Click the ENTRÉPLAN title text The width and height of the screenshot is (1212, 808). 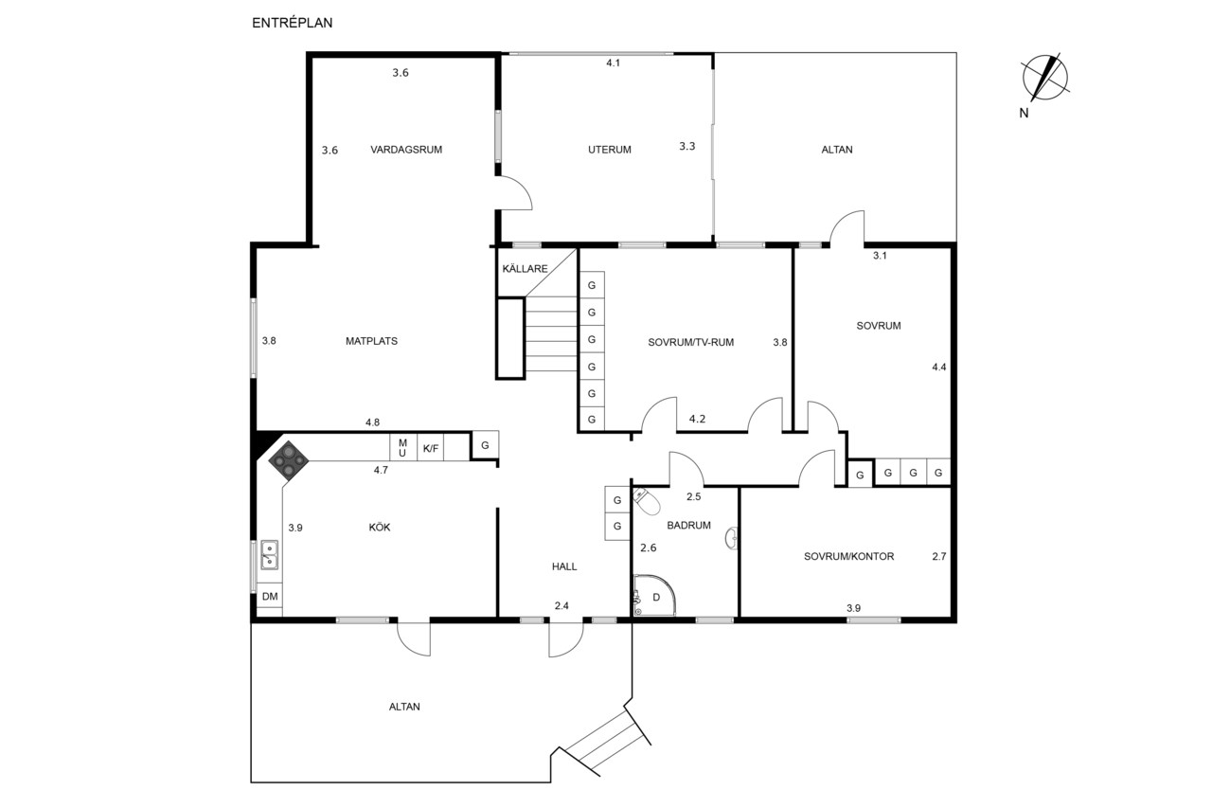pos(293,23)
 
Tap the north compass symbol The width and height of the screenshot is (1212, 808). pos(1044,78)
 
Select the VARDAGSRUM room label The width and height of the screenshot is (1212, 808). pos(406,150)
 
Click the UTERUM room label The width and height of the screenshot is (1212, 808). pos(610,150)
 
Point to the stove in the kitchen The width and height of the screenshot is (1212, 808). pos(289,460)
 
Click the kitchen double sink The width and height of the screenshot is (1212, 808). pos(270,555)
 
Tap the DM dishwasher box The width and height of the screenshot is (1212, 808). pos(270,596)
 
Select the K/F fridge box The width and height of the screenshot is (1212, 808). pos(431,448)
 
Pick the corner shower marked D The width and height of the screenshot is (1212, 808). pos(654,595)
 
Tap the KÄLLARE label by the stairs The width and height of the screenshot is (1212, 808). pos(525,268)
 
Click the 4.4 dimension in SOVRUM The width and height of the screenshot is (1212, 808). pos(938,367)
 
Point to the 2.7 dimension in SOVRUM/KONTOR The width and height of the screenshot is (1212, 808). pos(939,556)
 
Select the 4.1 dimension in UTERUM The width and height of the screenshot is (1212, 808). pos(613,63)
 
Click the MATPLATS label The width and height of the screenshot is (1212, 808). pos(372,341)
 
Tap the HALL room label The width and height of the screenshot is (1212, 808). pos(564,566)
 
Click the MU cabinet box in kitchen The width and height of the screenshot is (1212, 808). pos(403,448)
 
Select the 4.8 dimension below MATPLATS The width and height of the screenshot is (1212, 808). pos(372,422)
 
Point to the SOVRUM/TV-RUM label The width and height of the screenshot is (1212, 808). pos(691,342)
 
